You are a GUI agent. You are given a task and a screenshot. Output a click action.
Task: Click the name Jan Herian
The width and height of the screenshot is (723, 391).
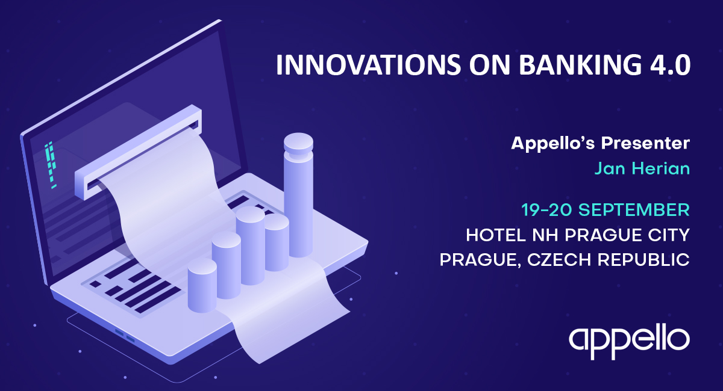642,168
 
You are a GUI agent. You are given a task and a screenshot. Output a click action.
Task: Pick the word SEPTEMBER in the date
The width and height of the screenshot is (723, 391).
634,210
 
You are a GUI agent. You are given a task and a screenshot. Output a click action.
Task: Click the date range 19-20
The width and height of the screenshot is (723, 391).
547,210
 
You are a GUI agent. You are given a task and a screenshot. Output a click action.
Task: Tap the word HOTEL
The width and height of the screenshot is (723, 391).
496,235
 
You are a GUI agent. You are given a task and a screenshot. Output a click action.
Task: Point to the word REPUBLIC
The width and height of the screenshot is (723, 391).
643,259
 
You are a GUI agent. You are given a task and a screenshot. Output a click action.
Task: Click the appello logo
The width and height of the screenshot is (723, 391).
629,343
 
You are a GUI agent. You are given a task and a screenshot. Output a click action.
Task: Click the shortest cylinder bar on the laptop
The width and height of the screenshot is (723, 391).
202,285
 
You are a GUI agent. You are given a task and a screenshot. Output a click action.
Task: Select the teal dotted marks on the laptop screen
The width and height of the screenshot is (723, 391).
51,164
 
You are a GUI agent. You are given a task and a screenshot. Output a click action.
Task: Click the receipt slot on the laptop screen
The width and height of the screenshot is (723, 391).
138,152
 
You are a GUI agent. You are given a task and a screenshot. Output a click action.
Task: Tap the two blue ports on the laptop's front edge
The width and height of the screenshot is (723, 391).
125,336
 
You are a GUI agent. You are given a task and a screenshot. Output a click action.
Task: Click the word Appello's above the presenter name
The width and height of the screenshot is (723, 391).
552,143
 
